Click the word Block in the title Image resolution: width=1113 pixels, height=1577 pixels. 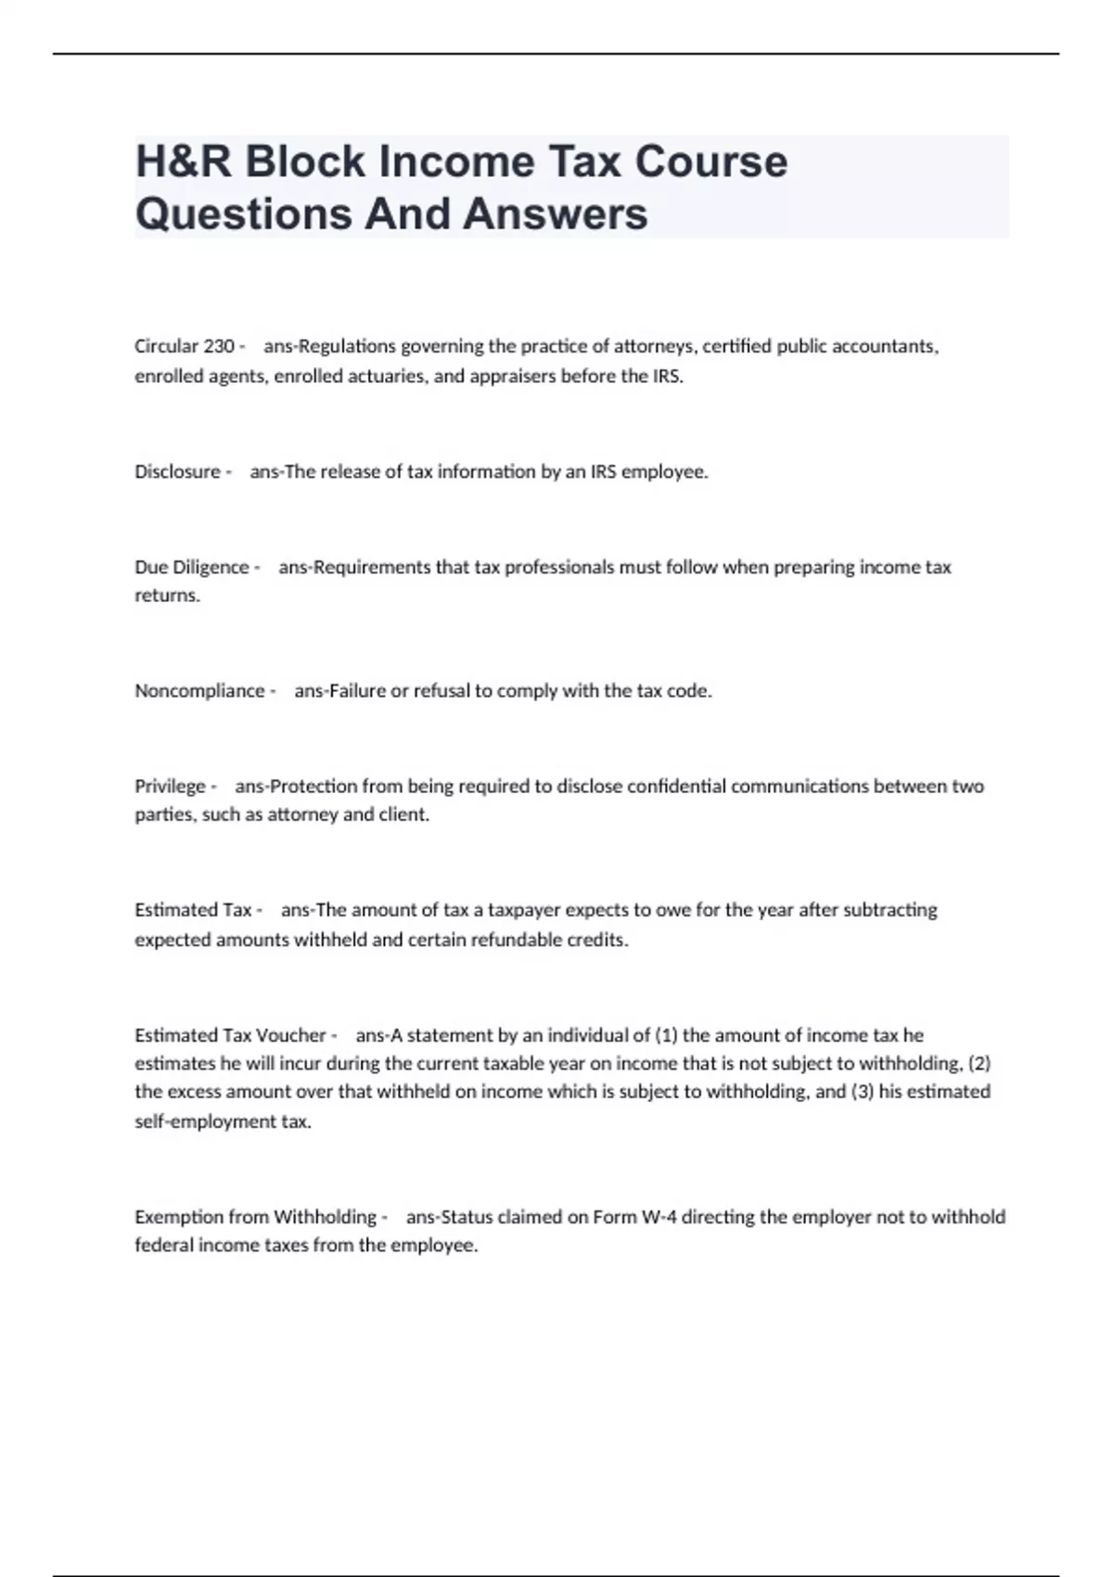click(x=304, y=161)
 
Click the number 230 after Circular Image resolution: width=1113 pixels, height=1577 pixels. click(x=219, y=346)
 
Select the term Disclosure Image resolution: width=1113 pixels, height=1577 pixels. click(x=177, y=471)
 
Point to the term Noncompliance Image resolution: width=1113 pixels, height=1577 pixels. click(x=199, y=690)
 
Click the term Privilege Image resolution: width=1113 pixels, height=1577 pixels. click(x=170, y=786)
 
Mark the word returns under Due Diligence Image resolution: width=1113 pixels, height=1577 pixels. click(x=167, y=596)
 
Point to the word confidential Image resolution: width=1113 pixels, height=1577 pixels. click(x=677, y=786)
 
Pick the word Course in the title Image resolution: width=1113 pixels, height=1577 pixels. click(x=711, y=161)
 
